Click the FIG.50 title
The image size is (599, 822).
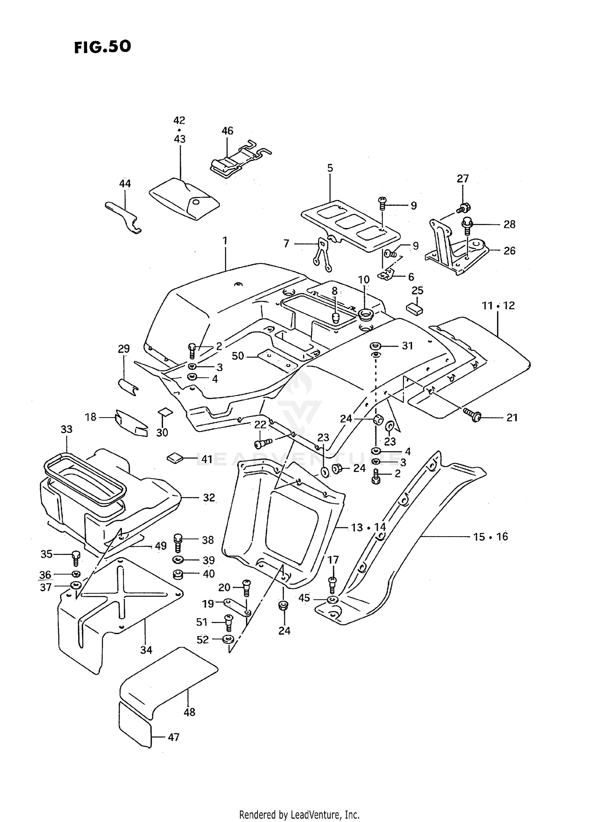[102, 47]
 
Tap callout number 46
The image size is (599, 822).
[227, 131]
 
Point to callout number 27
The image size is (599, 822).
[462, 178]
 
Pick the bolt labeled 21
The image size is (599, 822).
[473, 415]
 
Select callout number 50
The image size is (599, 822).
[238, 355]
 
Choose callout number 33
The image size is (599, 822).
[67, 429]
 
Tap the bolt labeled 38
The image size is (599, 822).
[179, 543]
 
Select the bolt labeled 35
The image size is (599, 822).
[76, 558]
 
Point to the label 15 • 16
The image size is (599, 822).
[491, 537]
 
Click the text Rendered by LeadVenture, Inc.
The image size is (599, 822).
[299, 814]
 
